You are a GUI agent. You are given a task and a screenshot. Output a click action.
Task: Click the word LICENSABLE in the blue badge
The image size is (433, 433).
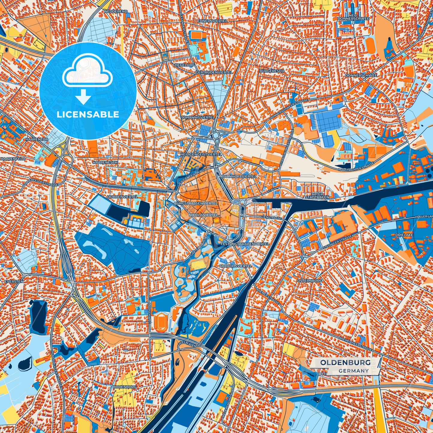click(88, 114)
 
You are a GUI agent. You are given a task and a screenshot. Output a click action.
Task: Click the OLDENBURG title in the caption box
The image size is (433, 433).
click(345, 363)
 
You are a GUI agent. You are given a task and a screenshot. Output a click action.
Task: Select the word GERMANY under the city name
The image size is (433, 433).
click(354, 371)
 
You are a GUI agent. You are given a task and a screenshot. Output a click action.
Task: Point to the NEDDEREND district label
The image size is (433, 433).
click(116, 11)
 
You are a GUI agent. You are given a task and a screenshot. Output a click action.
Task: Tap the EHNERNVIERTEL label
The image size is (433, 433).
click(212, 21)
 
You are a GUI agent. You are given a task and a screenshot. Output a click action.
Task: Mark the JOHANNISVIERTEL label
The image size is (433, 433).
click(198, 117)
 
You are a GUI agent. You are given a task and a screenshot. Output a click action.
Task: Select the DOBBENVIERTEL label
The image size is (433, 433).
click(122, 197)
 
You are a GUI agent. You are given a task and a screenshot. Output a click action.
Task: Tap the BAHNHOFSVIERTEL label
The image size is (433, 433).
click(239, 177)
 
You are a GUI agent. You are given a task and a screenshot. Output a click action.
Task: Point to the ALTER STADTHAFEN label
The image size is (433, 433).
click(317, 195)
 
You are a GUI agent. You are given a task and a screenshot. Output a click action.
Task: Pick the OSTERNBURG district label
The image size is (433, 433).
click(310, 281)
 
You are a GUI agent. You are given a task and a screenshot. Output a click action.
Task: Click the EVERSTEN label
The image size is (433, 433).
click(14, 282)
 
